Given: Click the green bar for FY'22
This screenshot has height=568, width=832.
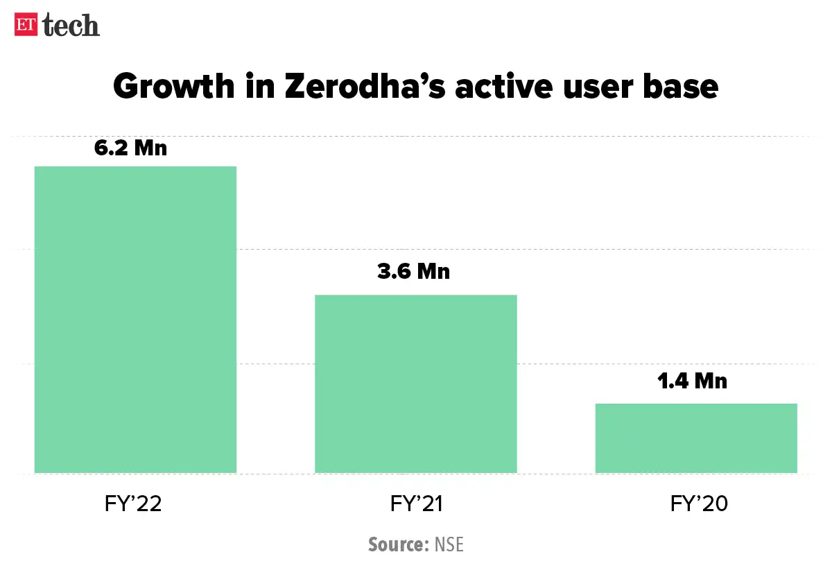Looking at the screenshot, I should (135, 320).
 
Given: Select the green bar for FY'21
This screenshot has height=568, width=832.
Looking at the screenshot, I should (416, 384).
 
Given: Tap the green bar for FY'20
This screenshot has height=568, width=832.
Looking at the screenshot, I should (696, 438).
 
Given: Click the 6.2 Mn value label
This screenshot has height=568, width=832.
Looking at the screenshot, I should (131, 148).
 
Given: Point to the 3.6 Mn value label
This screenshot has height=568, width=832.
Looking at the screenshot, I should (413, 271).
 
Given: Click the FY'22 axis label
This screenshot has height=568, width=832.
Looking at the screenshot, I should (129, 504).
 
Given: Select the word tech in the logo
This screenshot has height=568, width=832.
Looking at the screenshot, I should (71, 25).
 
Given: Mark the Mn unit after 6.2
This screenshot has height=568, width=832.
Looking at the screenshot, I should (150, 148).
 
